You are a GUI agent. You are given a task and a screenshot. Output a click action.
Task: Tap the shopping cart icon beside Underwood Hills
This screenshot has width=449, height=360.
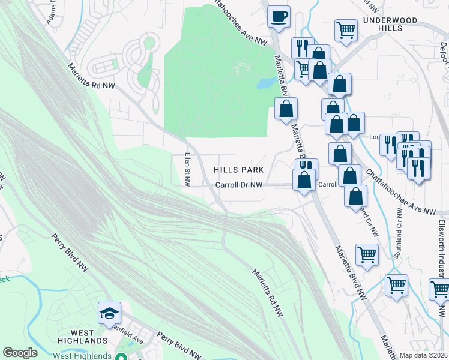coord(346,29)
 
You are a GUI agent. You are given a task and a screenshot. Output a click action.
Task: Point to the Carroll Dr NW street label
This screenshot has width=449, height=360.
coord(239,185)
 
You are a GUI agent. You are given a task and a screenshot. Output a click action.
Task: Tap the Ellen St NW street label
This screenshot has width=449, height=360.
coord(187,170)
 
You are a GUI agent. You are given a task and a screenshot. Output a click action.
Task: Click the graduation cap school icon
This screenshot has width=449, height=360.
coord(110,313)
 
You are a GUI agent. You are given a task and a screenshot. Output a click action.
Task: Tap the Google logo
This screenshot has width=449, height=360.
coord(20,352)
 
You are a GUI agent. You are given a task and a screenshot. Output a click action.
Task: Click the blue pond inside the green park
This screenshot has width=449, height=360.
coord(265,83)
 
